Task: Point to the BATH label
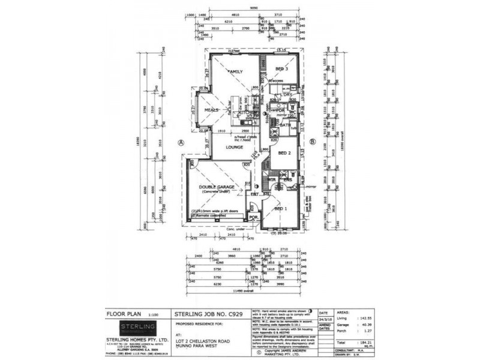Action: click(x=285, y=125)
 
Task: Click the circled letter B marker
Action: click(x=313, y=142)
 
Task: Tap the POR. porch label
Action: click(x=254, y=217)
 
